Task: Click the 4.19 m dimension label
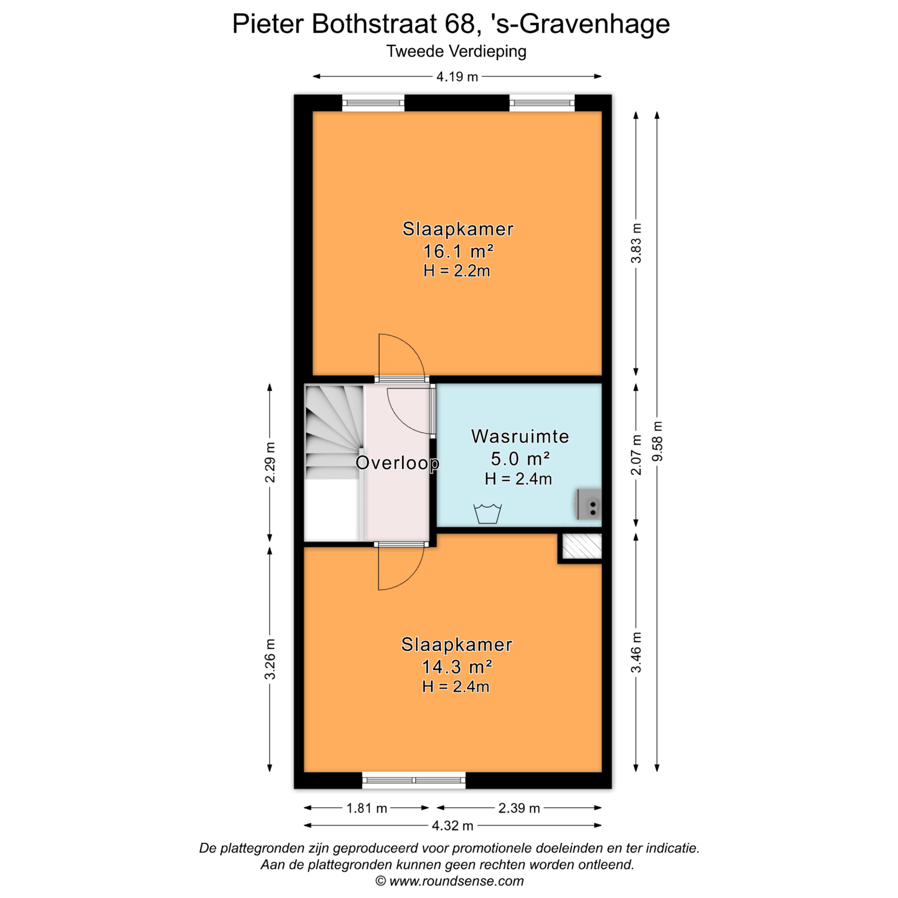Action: tap(457, 76)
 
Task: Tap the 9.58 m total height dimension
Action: tap(657, 441)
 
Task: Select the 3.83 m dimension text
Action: tap(636, 243)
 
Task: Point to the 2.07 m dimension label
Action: tap(636, 455)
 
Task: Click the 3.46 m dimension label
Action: tap(636, 652)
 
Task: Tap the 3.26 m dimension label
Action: tap(270, 659)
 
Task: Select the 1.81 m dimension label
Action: tap(367, 808)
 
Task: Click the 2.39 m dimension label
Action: tap(519, 808)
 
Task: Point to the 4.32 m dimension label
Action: tap(452, 826)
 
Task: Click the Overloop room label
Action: tap(398, 463)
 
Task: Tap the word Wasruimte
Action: tap(520, 436)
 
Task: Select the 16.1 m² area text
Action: tap(458, 252)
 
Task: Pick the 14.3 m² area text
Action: tap(457, 667)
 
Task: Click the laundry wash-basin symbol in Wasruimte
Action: tap(487, 513)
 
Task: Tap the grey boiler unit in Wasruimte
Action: tap(589, 504)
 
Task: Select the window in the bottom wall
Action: tap(414, 780)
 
